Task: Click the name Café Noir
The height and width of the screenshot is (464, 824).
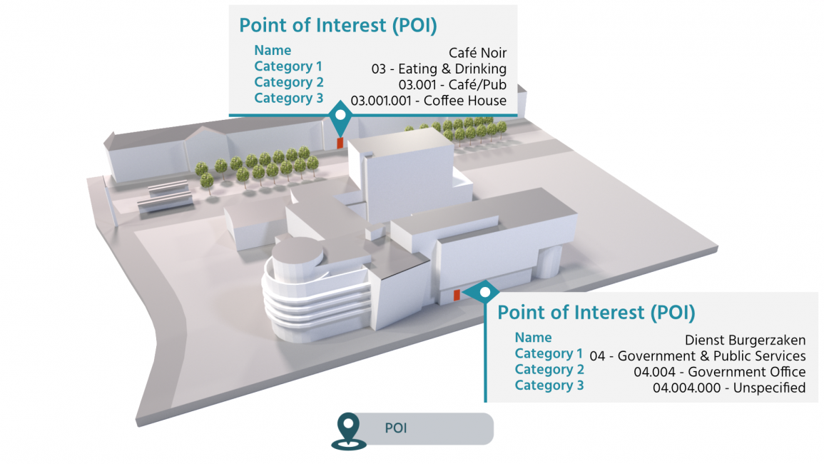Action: [477, 53]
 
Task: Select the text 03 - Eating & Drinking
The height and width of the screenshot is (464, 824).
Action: [439, 69]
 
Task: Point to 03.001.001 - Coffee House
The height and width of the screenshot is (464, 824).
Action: [429, 101]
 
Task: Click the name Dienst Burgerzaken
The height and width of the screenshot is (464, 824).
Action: [745, 340]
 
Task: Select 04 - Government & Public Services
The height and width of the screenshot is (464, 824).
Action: [698, 355]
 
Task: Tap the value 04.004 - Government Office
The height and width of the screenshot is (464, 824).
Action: [719, 372]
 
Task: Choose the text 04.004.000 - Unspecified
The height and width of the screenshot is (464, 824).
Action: [729, 388]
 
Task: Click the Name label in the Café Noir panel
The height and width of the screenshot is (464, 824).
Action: [273, 51]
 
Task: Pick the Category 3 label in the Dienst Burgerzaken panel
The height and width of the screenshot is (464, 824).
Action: [549, 385]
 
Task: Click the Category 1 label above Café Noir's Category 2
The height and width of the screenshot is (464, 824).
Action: [288, 66]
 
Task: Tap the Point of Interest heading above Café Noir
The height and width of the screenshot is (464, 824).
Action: [337, 25]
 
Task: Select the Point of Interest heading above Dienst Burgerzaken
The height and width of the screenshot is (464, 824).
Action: [596, 313]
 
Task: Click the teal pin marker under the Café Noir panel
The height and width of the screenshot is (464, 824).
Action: [340, 118]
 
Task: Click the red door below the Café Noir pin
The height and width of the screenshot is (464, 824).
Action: [340, 142]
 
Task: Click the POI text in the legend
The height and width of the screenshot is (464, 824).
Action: [396, 428]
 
